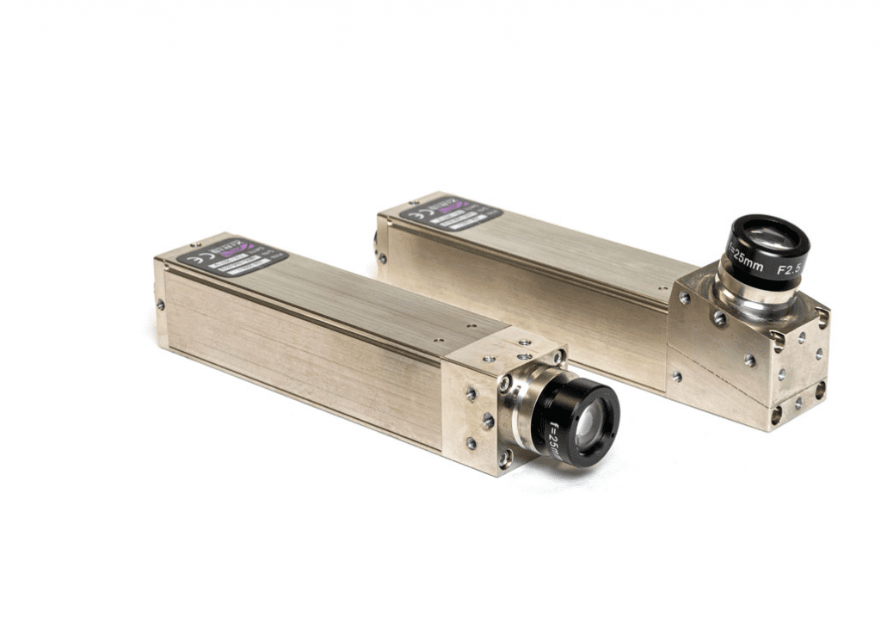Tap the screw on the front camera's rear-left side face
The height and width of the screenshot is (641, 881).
pyautogui.click(x=161, y=305)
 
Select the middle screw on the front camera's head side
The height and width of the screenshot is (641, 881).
pyautogui.click(x=488, y=421)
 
